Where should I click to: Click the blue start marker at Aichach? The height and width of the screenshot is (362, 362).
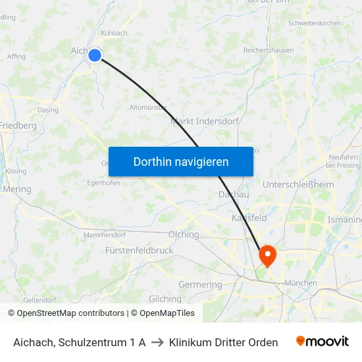[95, 55]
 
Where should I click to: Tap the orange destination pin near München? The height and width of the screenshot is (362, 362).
[268, 254]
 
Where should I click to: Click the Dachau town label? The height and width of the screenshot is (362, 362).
[233, 195]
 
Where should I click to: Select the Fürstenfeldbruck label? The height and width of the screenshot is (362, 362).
[139, 251]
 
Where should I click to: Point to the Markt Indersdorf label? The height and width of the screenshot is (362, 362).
[204, 121]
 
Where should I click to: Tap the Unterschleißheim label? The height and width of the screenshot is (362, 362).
[297, 185]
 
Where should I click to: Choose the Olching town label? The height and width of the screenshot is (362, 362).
[184, 234]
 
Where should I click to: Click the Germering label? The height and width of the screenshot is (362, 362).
[200, 284]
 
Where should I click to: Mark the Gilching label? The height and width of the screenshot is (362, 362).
[165, 299]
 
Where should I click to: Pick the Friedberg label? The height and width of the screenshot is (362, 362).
[18, 125]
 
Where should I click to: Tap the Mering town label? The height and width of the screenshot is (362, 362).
[16, 189]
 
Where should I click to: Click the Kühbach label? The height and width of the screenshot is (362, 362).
[114, 33]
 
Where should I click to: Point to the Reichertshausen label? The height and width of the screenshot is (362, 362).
[269, 50]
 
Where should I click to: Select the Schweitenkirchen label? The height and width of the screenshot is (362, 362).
[315, 23]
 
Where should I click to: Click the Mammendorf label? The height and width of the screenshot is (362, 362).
[104, 234]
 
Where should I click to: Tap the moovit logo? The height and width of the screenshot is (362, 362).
[323, 342]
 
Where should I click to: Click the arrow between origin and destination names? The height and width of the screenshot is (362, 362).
[157, 342]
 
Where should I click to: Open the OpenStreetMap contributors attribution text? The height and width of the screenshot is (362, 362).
[70, 313]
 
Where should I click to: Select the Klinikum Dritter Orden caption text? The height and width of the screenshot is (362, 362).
[223, 342]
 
